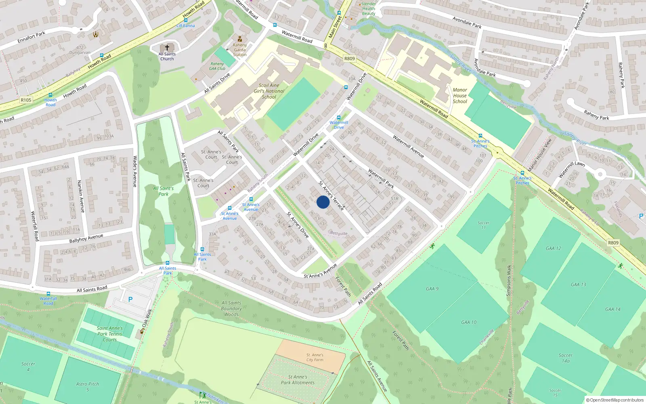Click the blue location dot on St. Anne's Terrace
point(323,202)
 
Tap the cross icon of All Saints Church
point(167,48)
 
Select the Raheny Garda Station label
point(240,50)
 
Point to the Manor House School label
point(460,96)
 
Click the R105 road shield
point(26,100)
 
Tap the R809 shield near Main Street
point(349,59)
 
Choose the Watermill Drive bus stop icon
point(338,118)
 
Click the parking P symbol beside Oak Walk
point(130,299)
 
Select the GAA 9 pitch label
point(432,289)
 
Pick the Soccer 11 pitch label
point(483,225)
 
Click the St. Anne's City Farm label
point(315,358)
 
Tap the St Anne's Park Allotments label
point(298,380)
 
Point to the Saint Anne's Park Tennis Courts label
point(109,334)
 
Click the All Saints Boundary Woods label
point(231,308)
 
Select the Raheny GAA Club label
point(217,66)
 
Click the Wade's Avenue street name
point(135,171)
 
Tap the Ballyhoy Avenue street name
point(86,238)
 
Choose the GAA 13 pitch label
point(578,285)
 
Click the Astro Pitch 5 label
point(88,387)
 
